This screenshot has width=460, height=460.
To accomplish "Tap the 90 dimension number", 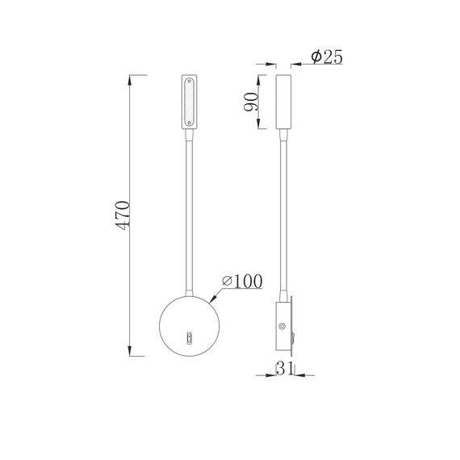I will [x=252, y=102].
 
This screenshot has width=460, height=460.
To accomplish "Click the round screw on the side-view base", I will [x=282, y=326].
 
